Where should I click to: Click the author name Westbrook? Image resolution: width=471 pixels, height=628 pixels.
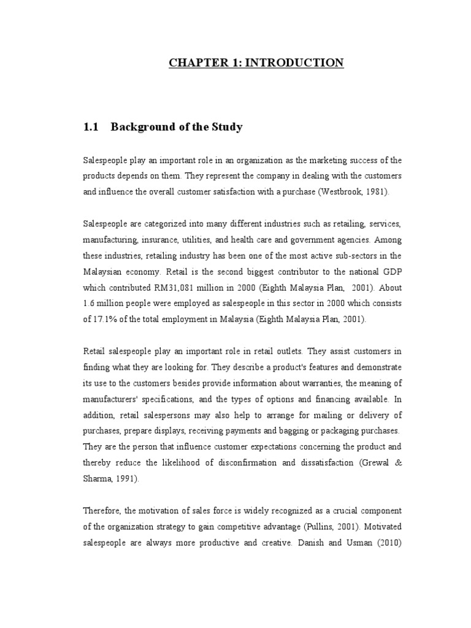point(338,192)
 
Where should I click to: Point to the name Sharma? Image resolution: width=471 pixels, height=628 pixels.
point(97,479)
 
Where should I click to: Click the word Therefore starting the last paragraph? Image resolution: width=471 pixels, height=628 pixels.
point(102,511)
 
